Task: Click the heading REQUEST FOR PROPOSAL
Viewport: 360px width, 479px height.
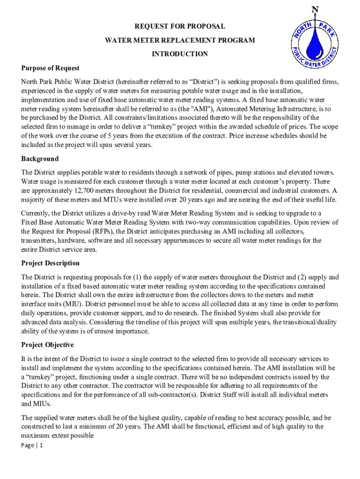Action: [x=180, y=27]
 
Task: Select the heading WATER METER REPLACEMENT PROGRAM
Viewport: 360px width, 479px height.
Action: [x=180, y=40]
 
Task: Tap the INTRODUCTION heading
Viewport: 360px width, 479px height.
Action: [x=180, y=54]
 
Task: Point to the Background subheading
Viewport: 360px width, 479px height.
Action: [x=40, y=159]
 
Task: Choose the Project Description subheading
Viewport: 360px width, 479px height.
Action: [x=50, y=263]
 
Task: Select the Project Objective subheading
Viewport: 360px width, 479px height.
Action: [x=47, y=345]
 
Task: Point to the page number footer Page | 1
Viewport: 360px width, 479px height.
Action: [x=32, y=445]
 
